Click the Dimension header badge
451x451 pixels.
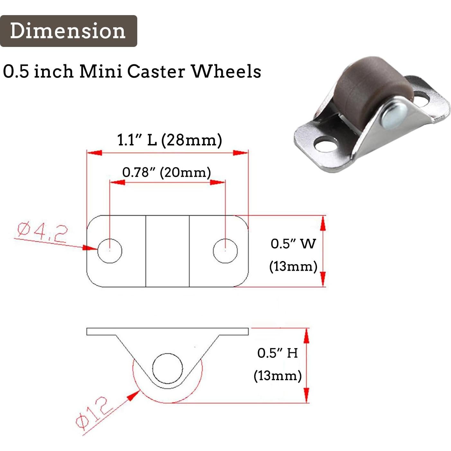68,31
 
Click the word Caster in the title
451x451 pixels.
156,71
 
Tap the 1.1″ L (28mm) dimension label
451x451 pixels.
169,140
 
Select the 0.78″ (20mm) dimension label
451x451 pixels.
167,173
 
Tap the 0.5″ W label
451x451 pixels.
293,244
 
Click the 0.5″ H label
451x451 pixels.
277,353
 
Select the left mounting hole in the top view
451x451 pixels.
110,251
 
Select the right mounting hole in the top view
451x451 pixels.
225,251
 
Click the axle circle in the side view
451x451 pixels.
167,368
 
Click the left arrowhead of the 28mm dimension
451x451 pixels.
94,153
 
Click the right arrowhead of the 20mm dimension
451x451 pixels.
217,182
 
